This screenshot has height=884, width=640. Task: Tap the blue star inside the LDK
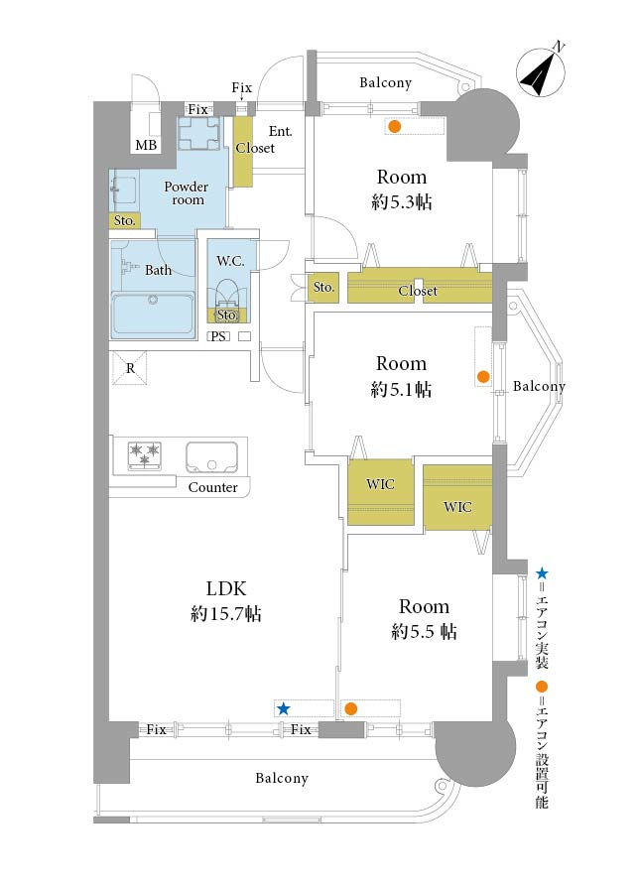(283, 708)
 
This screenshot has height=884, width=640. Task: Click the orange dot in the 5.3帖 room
(395, 127)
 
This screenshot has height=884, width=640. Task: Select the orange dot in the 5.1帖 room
(483, 377)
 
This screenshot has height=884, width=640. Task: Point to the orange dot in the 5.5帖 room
(350, 708)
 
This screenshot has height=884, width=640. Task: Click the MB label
(146, 146)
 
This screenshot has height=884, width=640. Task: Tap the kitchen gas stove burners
(145, 455)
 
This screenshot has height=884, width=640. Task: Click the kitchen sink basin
(211, 457)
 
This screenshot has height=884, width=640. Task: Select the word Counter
(213, 487)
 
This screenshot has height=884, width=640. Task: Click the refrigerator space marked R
(130, 368)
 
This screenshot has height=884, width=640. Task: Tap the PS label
(218, 336)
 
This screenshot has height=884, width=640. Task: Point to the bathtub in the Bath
(153, 315)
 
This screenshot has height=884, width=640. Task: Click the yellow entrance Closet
(243, 151)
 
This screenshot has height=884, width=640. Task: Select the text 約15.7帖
(226, 613)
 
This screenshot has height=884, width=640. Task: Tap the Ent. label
(281, 131)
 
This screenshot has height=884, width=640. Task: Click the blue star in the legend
(542, 573)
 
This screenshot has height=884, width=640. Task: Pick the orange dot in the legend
(542, 687)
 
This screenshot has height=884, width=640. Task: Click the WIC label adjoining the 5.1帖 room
(380, 484)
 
